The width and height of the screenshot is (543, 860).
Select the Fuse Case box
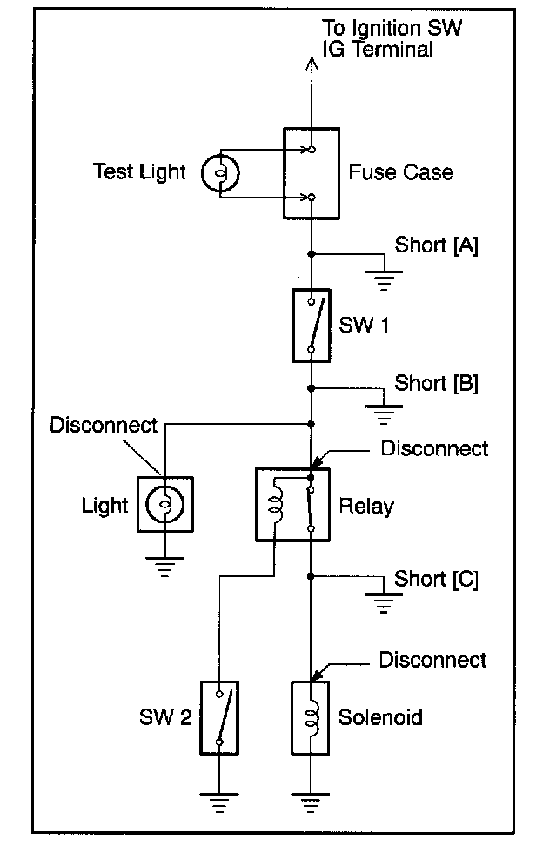tap(311, 172)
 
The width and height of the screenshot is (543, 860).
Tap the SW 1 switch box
tap(311, 326)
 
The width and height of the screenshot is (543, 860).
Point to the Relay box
tap(292, 505)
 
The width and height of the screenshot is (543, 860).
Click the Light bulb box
tap(164, 505)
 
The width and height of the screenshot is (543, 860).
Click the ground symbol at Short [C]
tap(383, 603)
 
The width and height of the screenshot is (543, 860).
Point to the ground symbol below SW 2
tap(220, 802)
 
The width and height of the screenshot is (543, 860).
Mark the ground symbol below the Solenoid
tap(311, 802)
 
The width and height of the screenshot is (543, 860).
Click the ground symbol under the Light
tap(164, 568)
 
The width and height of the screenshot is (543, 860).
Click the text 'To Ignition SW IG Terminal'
tap(392, 38)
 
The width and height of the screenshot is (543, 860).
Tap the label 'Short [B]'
tap(436, 383)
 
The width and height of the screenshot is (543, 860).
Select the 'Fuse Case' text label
tap(400, 171)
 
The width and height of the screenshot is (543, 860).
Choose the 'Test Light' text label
tap(139, 171)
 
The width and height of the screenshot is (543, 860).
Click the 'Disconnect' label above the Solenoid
tap(432, 660)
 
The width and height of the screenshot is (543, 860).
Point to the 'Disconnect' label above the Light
tap(104, 425)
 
